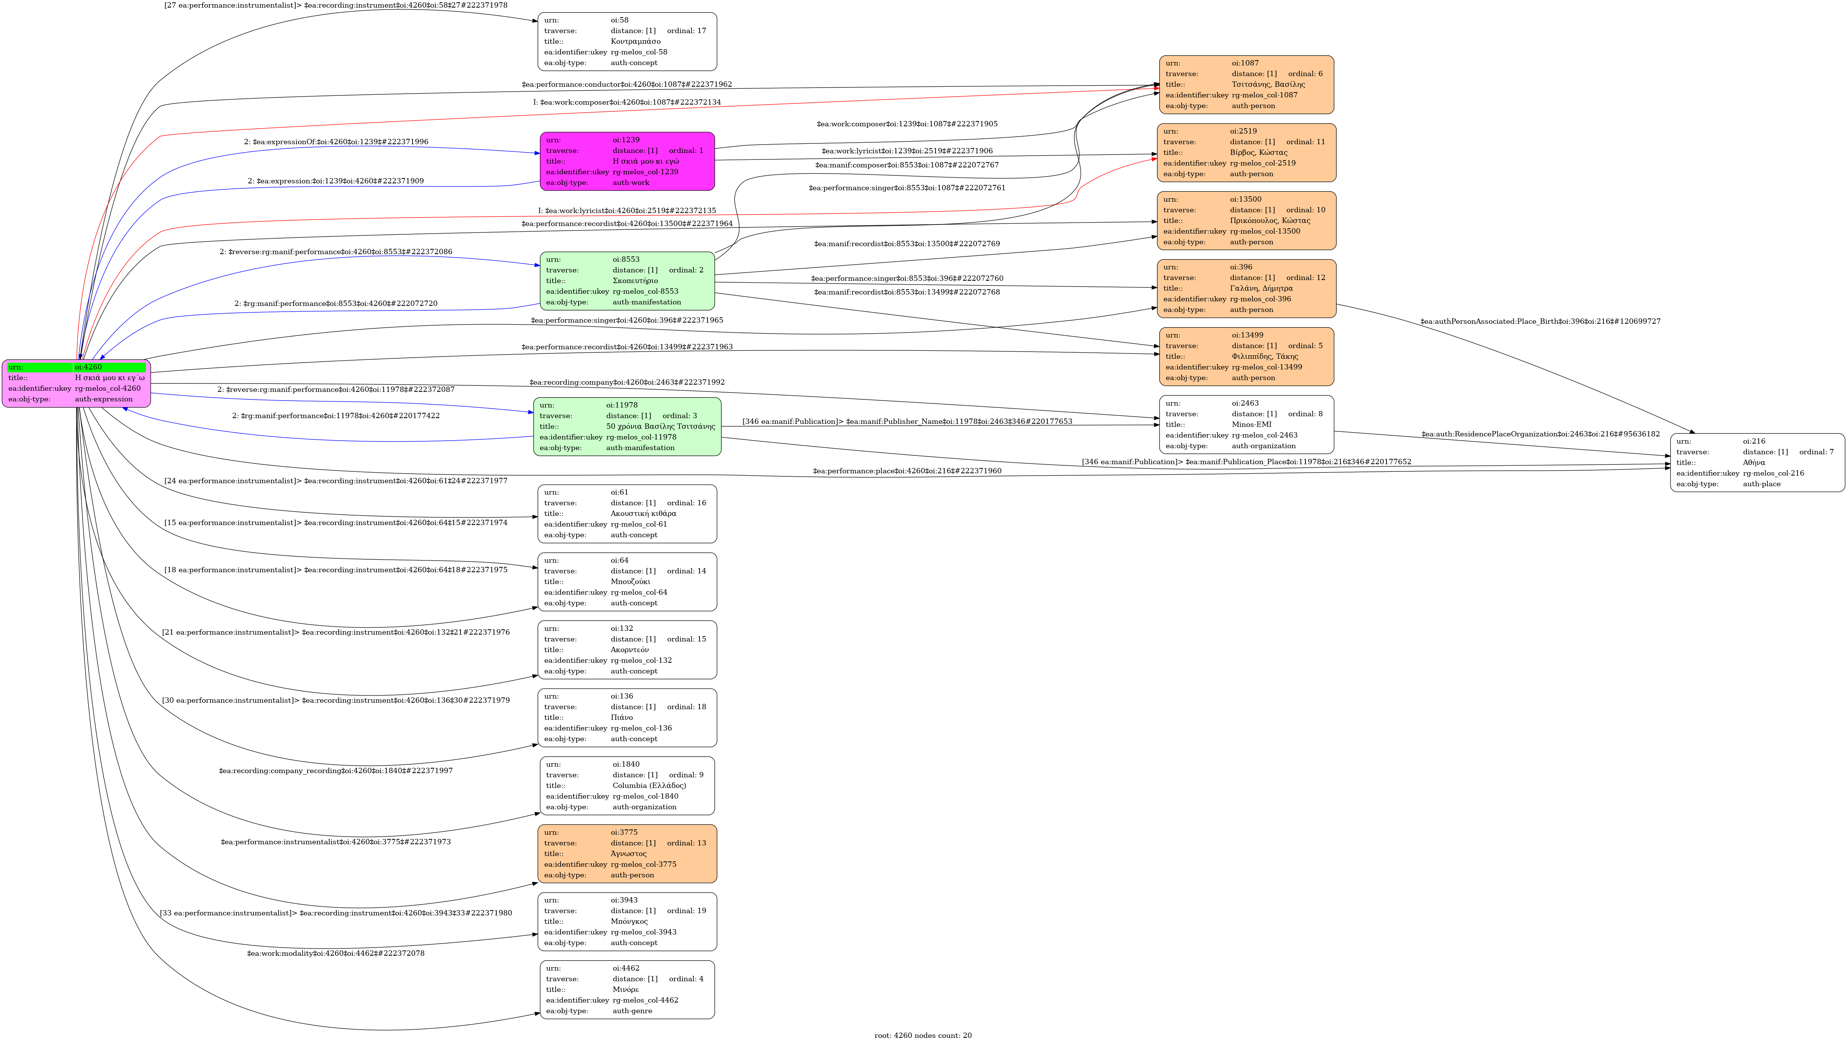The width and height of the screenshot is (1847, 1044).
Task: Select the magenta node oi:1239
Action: [x=627, y=161]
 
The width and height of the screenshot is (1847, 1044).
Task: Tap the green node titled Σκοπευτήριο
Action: [x=627, y=280]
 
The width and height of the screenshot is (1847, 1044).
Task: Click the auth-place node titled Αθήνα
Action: [x=1757, y=463]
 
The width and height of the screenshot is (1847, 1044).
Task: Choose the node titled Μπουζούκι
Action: [x=627, y=581]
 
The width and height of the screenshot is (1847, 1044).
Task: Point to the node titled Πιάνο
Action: [x=627, y=717]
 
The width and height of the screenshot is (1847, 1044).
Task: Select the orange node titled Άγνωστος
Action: [x=627, y=853]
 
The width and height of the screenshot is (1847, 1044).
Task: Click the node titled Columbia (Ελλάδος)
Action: [x=627, y=785]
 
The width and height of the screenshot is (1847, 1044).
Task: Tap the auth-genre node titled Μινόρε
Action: [x=627, y=990]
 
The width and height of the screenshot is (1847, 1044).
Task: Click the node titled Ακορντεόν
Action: [x=627, y=649]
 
